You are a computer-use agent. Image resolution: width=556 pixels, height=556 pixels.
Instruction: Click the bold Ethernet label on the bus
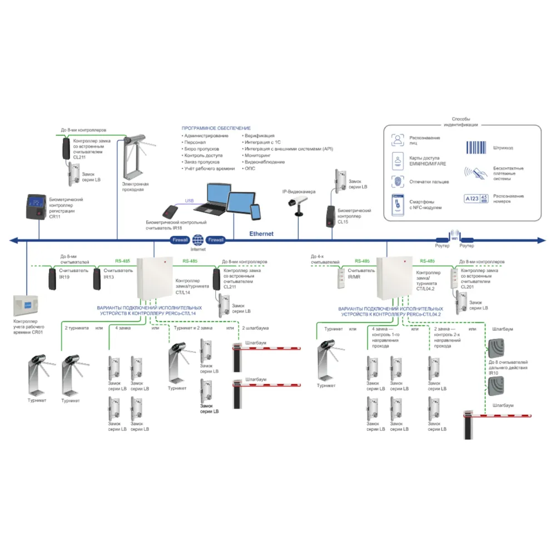(x=261, y=234)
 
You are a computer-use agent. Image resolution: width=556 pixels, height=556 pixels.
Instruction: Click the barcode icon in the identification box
(x=476, y=147)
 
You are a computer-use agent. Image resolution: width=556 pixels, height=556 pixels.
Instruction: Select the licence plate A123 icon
(x=476, y=198)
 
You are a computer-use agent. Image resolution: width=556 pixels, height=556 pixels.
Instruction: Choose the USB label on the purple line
(x=190, y=201)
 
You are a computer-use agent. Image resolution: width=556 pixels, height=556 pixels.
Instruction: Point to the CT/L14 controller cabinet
(x=155, y=277)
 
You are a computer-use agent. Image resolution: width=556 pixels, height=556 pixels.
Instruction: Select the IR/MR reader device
(x=340, y=276)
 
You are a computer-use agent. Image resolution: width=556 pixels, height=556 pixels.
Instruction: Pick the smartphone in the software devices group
(x=255, y=212)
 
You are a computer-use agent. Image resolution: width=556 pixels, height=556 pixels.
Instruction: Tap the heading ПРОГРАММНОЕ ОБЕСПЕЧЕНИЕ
(x=216, y=128)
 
